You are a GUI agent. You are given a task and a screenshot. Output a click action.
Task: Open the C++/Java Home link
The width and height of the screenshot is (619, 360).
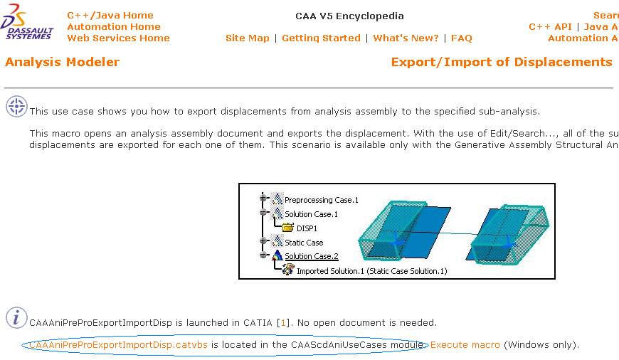point(110,15)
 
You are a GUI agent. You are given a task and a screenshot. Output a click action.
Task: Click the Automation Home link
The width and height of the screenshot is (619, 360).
point(113,26)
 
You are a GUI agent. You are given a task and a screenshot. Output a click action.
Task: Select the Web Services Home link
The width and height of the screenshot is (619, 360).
point(118,38)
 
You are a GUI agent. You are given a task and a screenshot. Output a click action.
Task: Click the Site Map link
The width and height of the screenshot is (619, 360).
point(247,38)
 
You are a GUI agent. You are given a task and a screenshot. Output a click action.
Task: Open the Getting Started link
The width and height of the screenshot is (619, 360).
point(321,38)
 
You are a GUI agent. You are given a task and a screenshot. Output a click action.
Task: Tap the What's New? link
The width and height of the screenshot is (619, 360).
point(406,38)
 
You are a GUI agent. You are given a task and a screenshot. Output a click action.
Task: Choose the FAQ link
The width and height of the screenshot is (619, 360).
point(461,38)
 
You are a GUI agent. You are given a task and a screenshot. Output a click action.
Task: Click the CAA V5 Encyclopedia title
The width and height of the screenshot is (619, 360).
point(349,16)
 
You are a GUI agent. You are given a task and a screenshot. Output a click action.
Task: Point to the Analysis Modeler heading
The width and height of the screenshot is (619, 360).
point(62,62)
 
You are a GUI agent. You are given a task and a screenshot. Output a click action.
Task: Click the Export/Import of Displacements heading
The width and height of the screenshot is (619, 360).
point(501,62)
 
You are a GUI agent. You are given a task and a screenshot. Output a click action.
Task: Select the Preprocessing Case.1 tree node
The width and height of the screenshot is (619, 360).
point(322,200)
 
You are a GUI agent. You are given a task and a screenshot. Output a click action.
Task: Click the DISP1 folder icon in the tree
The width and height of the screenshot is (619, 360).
point(287,228)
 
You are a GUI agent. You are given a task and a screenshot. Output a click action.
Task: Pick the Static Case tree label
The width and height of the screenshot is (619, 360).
point(304,242)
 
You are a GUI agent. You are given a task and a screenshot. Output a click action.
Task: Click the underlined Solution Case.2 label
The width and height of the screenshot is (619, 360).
point(311,255)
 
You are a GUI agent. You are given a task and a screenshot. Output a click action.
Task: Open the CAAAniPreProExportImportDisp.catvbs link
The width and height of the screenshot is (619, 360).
point(118,344)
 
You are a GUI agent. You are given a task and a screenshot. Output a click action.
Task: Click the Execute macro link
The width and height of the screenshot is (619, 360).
point(465,344)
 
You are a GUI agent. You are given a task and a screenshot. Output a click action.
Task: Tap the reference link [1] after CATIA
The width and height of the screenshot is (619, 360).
point(283,322)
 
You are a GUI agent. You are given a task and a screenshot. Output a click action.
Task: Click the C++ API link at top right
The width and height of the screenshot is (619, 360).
point(550,26)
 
